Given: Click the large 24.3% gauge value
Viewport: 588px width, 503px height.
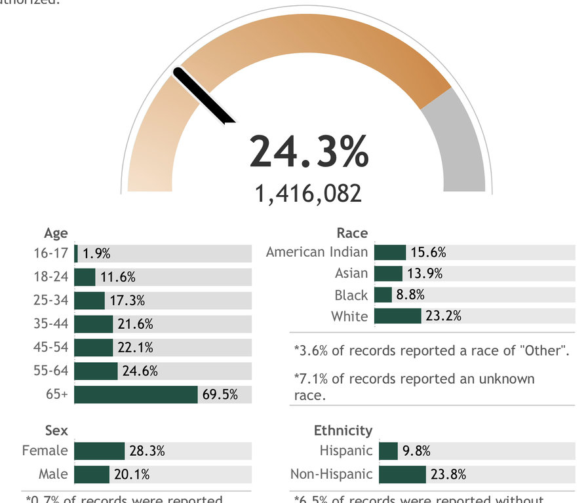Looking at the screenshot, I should coord(309,152).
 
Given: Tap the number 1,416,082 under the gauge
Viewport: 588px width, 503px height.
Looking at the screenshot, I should coord(309,193).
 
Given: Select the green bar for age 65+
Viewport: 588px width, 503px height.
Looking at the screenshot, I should coord(136,395).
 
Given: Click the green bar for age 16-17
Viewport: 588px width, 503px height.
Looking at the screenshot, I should coord(76,253).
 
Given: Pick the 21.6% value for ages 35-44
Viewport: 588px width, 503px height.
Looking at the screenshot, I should coord(135,324).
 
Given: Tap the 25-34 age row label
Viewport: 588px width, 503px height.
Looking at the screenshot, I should coord(50,301).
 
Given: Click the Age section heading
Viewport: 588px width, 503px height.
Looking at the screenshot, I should coord(56,233).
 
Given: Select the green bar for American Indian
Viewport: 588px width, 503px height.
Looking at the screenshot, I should coord(389,252).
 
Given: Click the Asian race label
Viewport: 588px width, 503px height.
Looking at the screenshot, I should coord(351,274).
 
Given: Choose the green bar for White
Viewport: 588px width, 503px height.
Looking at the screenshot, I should coord(397,316).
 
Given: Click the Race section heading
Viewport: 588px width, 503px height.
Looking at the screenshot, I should coord(352,233).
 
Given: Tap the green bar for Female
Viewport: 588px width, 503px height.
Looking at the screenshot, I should coord(99,451).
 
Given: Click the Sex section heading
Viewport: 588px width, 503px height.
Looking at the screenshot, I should coord(56,430).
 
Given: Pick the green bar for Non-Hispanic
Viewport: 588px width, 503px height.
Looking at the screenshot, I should coord(402,474).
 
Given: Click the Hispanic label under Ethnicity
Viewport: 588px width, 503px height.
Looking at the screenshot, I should coord(346,451).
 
